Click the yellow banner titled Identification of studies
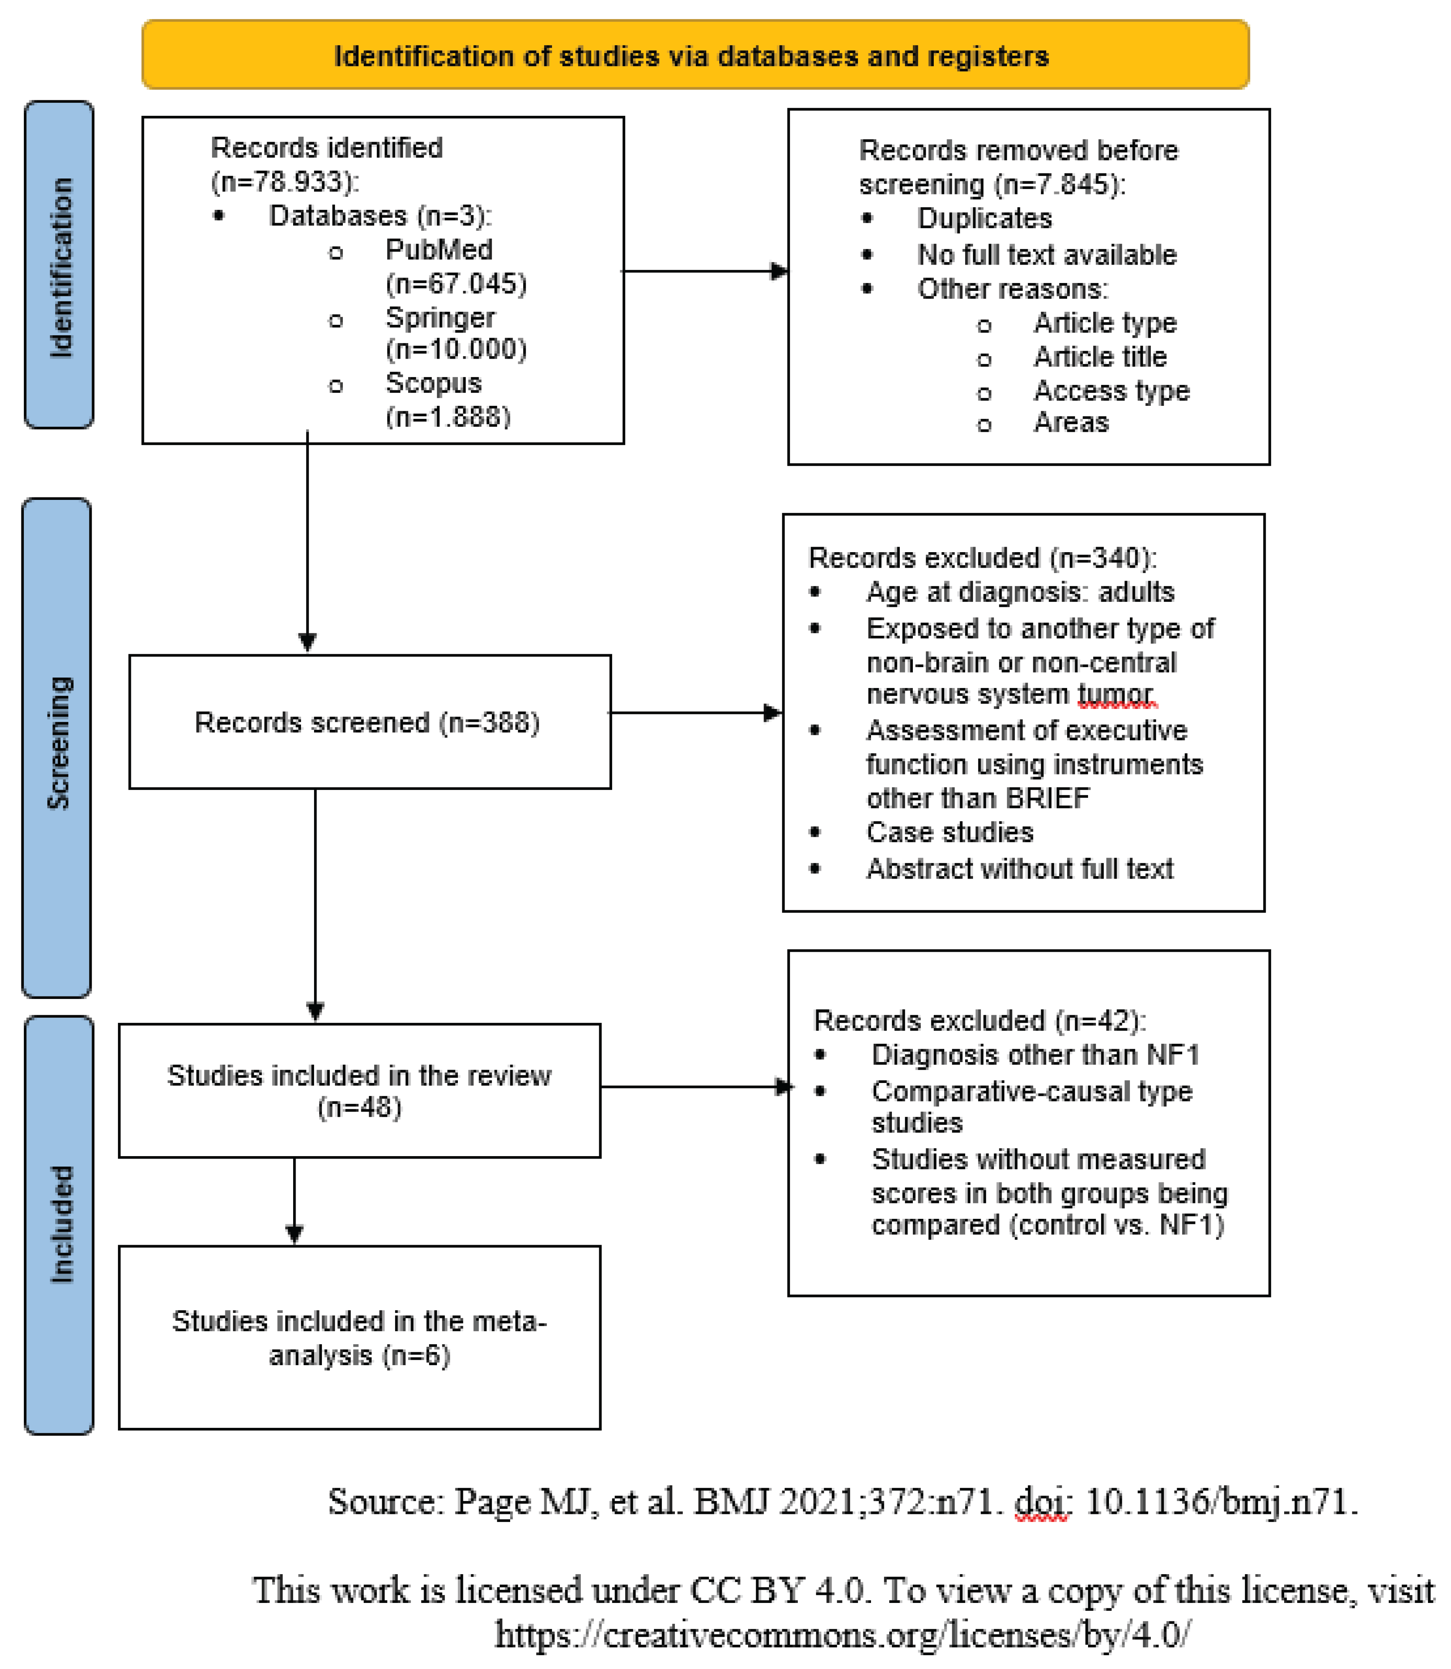click(x=695, y=55)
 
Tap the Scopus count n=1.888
click(x=448, y=417)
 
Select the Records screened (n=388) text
click(x=367, y=722)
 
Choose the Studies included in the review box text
click(x=359, y=1090)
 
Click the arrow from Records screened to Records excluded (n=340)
click(x=695, y=712)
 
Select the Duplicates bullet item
click(x=984, y=219)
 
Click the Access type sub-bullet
click(x=1111, y=391)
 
